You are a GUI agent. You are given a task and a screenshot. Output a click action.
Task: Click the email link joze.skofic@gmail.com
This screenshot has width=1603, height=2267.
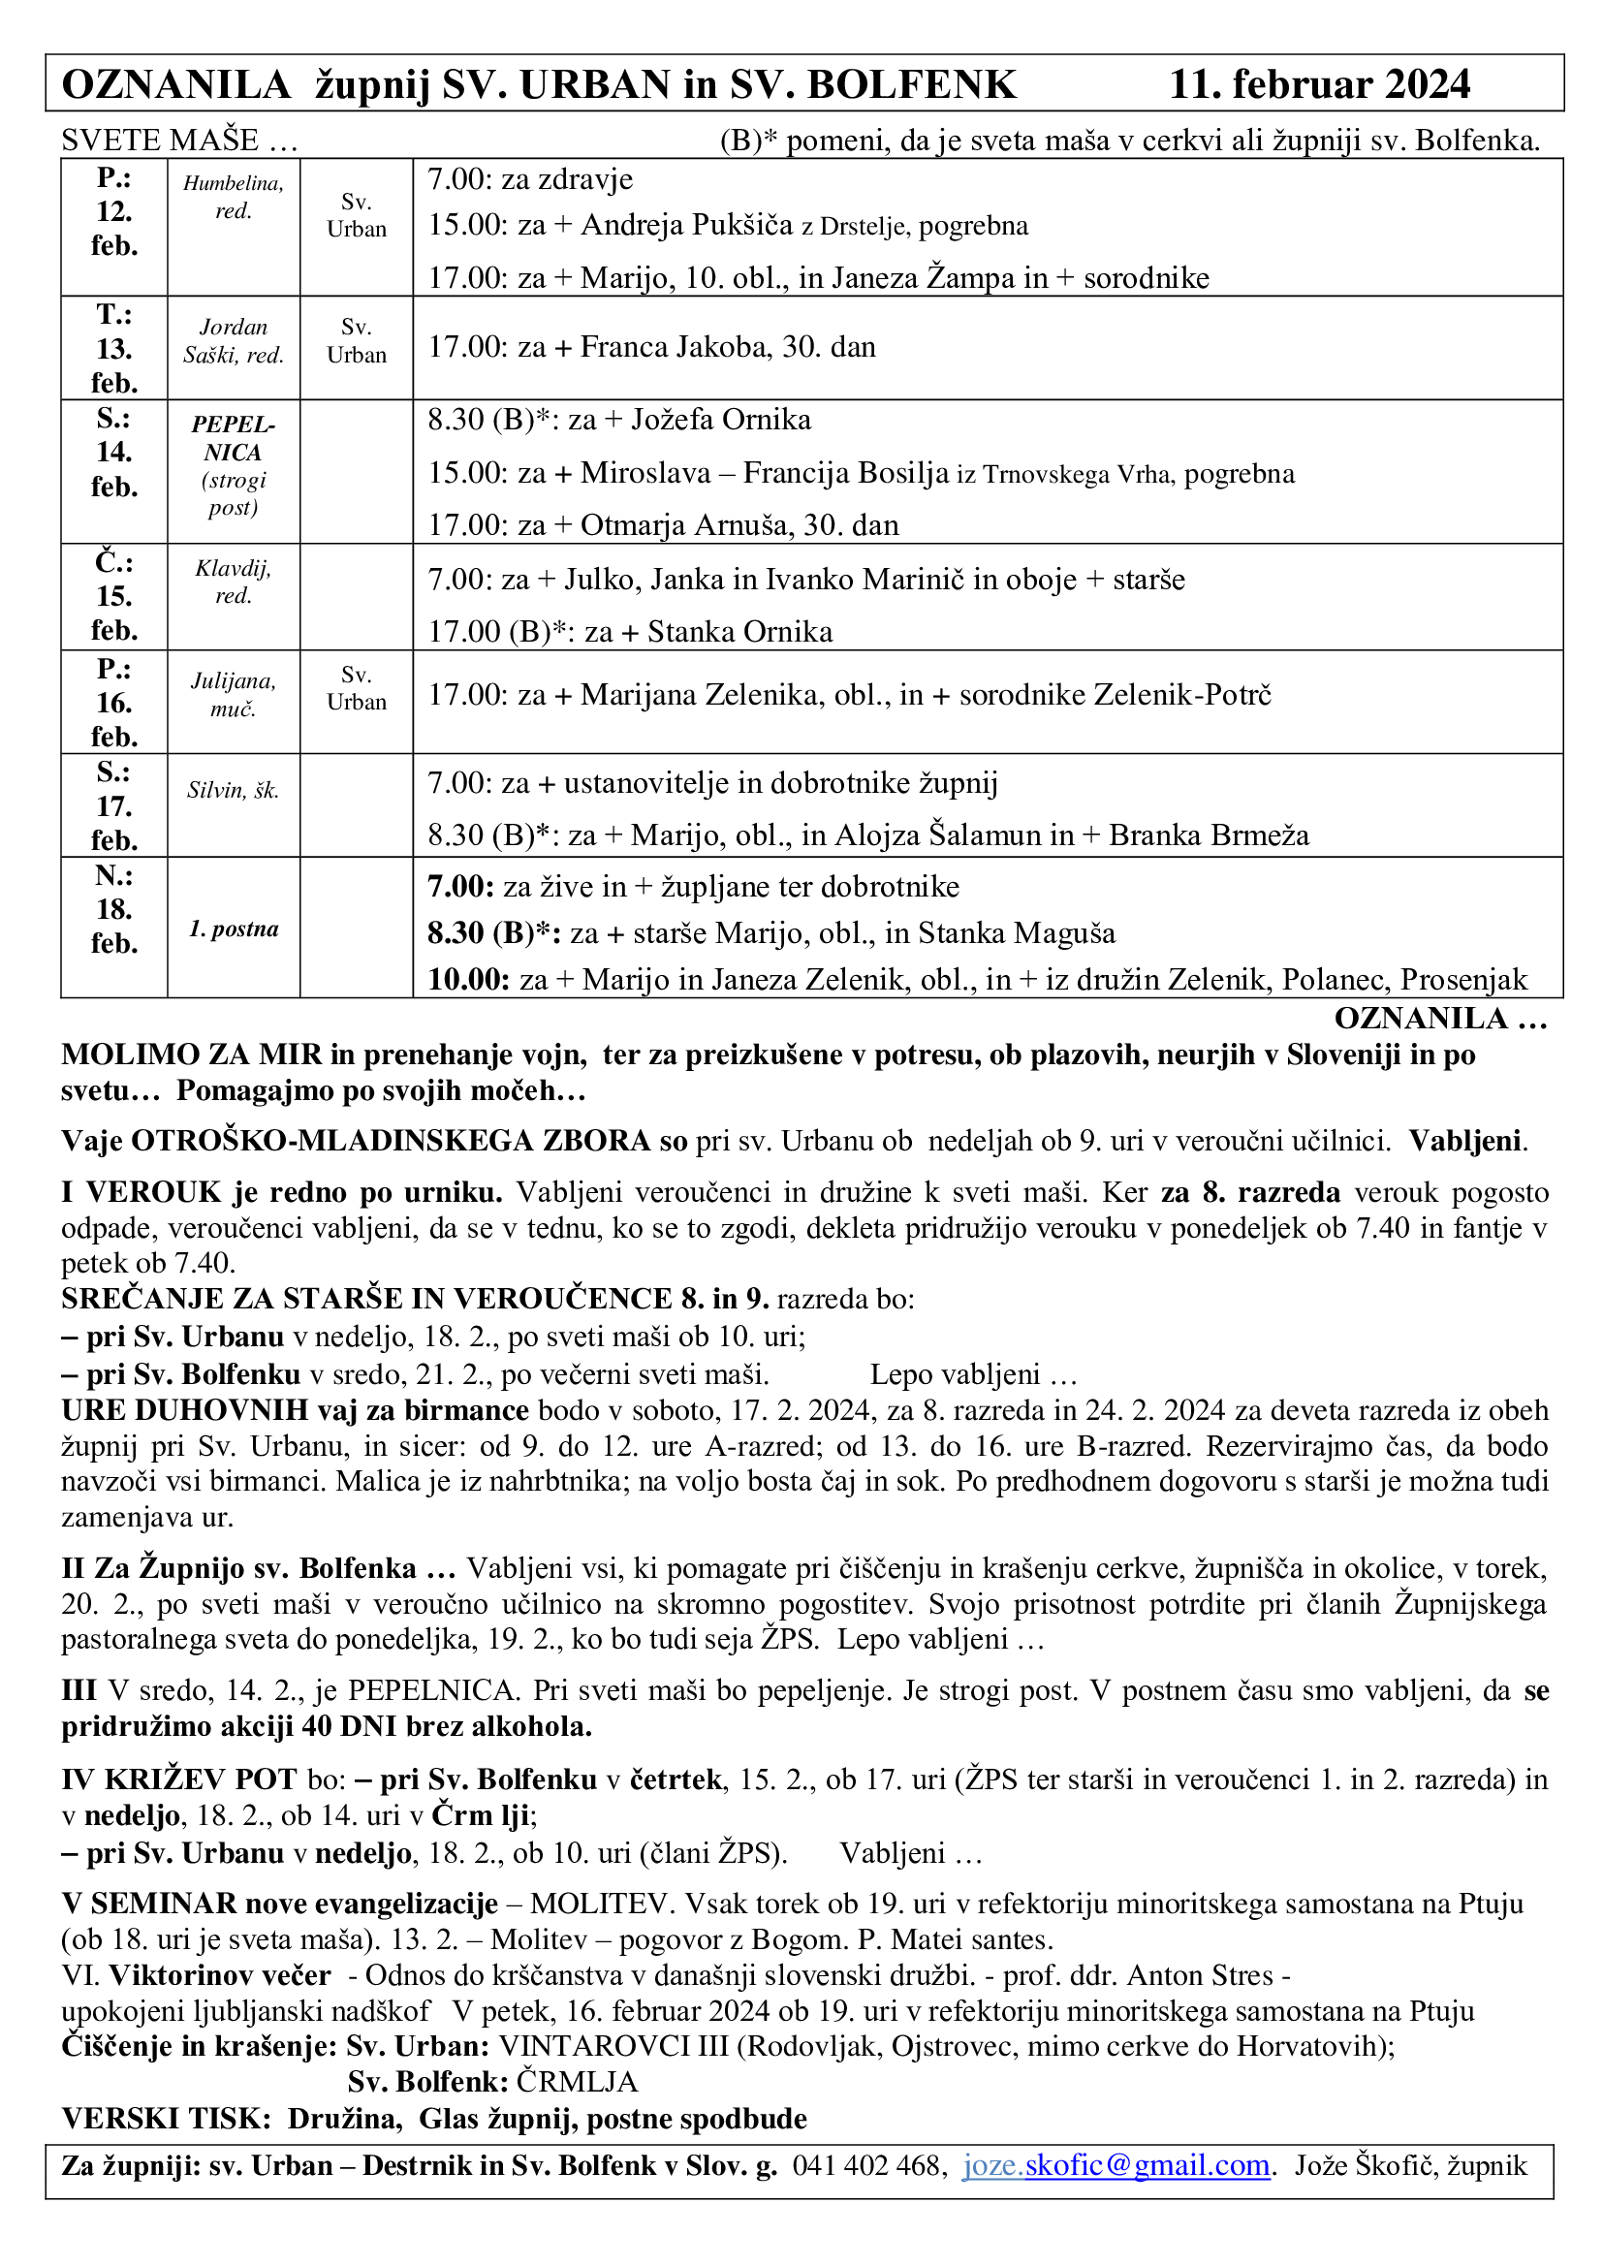(x=1116, y=2165)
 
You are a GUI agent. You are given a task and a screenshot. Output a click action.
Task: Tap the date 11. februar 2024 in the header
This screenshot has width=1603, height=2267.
(x=1320, y=85)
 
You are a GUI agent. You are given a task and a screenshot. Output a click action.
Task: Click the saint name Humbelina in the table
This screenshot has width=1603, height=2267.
(x=233, y=183)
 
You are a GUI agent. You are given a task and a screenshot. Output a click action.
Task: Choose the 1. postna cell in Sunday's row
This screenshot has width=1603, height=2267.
(x=233, y=929)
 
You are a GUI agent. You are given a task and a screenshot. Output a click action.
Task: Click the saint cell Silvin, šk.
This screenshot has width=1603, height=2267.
(x=233, y=790)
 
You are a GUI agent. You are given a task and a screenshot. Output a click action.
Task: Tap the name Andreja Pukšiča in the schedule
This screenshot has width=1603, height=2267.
(x=687, y=225)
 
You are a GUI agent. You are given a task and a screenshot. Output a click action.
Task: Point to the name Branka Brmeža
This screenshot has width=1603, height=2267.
(x=1210, y=835)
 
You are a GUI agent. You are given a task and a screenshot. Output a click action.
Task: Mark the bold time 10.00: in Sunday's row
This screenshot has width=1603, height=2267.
(x=468, y=980)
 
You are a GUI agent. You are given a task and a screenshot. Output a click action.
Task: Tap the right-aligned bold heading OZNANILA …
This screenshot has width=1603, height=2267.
(x=1440, y=1018)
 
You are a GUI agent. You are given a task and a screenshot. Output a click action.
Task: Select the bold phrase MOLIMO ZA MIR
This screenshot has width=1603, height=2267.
(x=192, y=1055)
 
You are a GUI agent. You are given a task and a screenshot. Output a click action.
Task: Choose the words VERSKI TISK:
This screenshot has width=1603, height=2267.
(x=166, y=2118)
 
